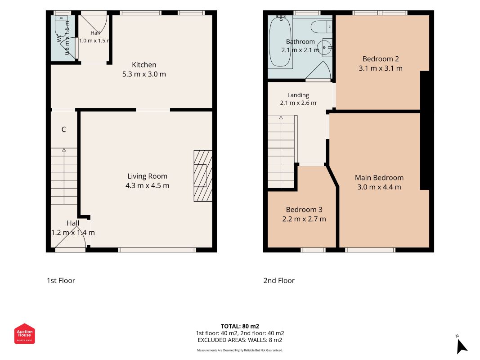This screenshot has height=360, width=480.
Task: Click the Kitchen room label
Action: coord(144,65)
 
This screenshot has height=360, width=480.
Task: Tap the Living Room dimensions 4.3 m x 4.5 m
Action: coord(147,185)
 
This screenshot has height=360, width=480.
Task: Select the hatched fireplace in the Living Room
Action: coord(203,175)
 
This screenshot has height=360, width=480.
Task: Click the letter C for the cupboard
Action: coord(64,130)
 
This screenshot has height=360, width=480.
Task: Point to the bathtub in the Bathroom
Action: coord(280,41)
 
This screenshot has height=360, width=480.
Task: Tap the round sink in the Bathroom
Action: coord(324,48)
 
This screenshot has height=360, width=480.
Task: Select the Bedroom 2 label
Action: coord(381,59)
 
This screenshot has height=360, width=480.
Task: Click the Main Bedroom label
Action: coord(379,178)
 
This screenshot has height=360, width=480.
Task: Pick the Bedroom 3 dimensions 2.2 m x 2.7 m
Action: coord(304,219)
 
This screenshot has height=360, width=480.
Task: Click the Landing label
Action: coord(298,95)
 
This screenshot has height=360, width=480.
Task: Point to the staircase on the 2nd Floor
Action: coord(281,152)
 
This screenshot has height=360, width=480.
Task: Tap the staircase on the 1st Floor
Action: coord(64,176)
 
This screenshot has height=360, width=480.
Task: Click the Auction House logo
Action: coord(24,333)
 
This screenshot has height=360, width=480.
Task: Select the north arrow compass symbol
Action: coord(462,345)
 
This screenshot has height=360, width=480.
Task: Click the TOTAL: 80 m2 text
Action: coord(240,326)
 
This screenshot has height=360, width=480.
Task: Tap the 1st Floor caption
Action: coord(61,280)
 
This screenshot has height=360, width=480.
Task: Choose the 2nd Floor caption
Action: coord(279,280)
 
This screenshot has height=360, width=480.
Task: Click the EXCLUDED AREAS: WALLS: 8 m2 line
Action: coord(240,340)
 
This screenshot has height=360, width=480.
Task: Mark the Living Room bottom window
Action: coord(157,250)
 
